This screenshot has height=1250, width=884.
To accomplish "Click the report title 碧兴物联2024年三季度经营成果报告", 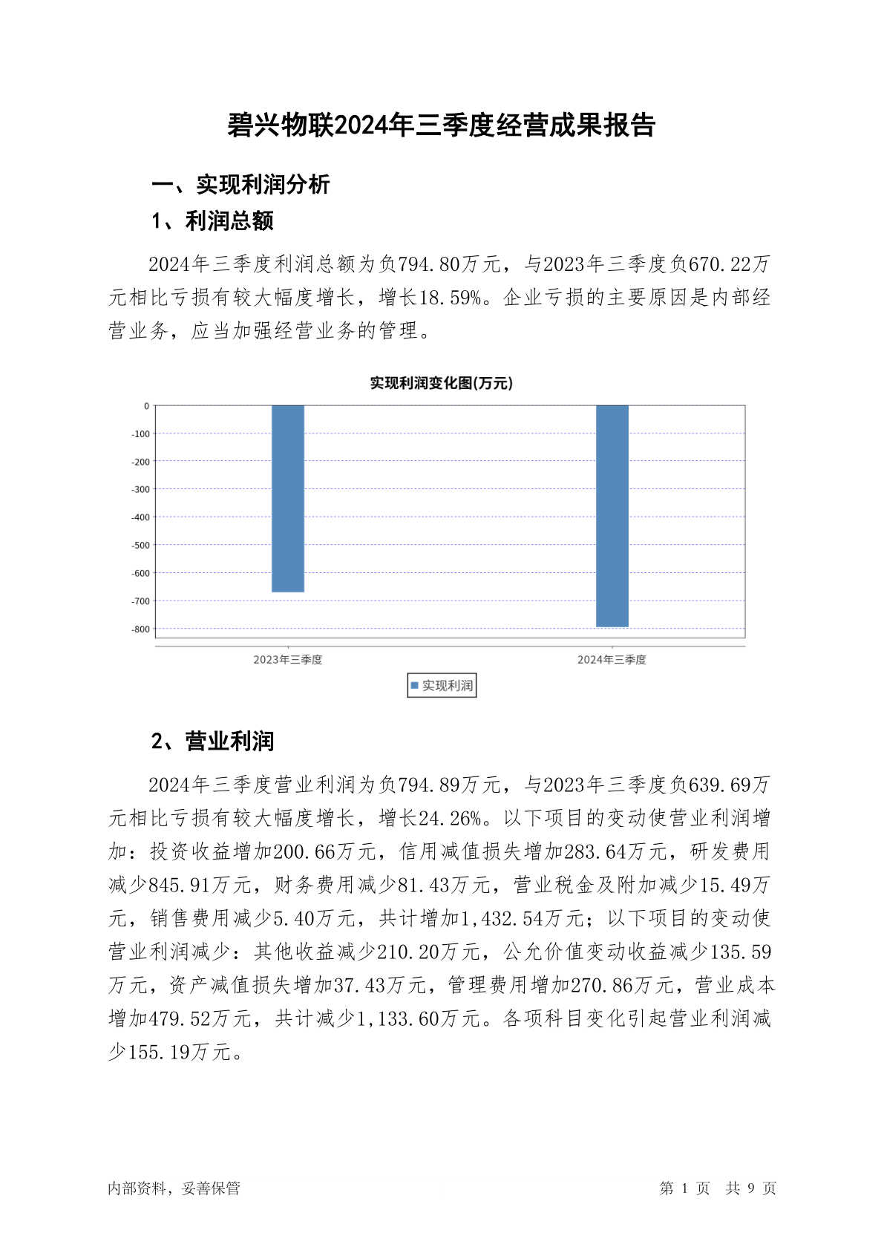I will click(x=442, y=125).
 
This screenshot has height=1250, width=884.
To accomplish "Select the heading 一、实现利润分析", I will click(x=240, y=184).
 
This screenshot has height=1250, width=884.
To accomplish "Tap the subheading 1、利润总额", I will click(x=213, y=220).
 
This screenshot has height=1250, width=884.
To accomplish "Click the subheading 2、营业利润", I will click(x=213, y=741).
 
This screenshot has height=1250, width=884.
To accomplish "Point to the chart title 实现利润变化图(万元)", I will click(x=442, y=383).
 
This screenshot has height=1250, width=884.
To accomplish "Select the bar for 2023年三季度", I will click(x=288, y=498).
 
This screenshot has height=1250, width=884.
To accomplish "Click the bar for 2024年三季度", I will click(x=612, y=516).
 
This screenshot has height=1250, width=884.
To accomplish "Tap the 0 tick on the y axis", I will click(x=146, y=406).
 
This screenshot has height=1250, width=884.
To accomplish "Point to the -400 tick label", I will click(x=140, y=517).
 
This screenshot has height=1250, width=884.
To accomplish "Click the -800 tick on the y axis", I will click(x=140, y=629).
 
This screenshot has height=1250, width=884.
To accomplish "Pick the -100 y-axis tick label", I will click(x=140, y=434).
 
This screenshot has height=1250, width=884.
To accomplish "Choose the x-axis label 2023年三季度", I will click(x=288, y=660).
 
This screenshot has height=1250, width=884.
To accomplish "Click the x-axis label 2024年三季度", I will click(x=612, y=660).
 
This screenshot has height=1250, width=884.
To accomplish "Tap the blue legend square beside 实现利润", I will click(x=415, y=686).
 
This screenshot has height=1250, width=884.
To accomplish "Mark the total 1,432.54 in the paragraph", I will click(x=502, y=918).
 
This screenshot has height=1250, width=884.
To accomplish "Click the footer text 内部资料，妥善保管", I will click(x=174, y=1188).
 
